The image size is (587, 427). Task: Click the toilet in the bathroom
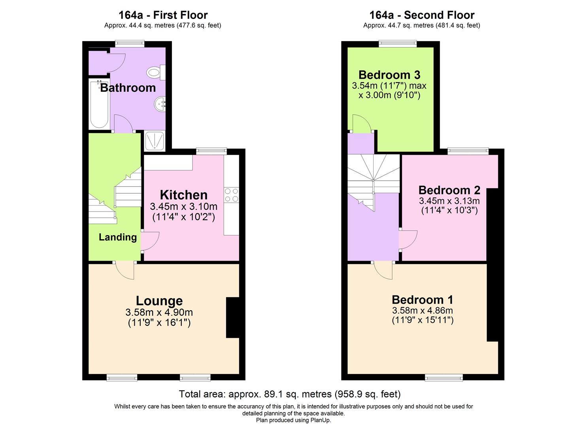[x=155, y=72]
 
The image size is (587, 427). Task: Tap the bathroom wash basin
[x=160, y=104]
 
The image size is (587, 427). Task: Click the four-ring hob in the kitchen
[x=231, y=195]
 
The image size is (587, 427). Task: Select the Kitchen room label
[x=183, y=195]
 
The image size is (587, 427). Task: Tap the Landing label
[x=117, y=237]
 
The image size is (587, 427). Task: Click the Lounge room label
[x=159, y=301]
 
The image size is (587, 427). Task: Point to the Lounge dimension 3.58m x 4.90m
[x=159, y=312]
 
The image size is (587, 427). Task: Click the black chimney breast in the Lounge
[x=232, y=317]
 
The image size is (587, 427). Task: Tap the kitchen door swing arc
[x=151, y=241]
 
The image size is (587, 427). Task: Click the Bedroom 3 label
[x=389, y=75]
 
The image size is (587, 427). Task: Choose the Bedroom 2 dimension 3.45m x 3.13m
[x=449, y=201]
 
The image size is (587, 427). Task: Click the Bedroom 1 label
[x=422, y=300]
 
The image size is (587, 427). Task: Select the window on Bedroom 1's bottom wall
[x=444, y=378]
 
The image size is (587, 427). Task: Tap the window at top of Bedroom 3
[x=397, y=43]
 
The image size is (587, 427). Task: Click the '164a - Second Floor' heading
[x=421, y=15]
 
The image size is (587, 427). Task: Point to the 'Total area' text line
[x=290, y=394]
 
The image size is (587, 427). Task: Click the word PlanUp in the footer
[x=321, y=420]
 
